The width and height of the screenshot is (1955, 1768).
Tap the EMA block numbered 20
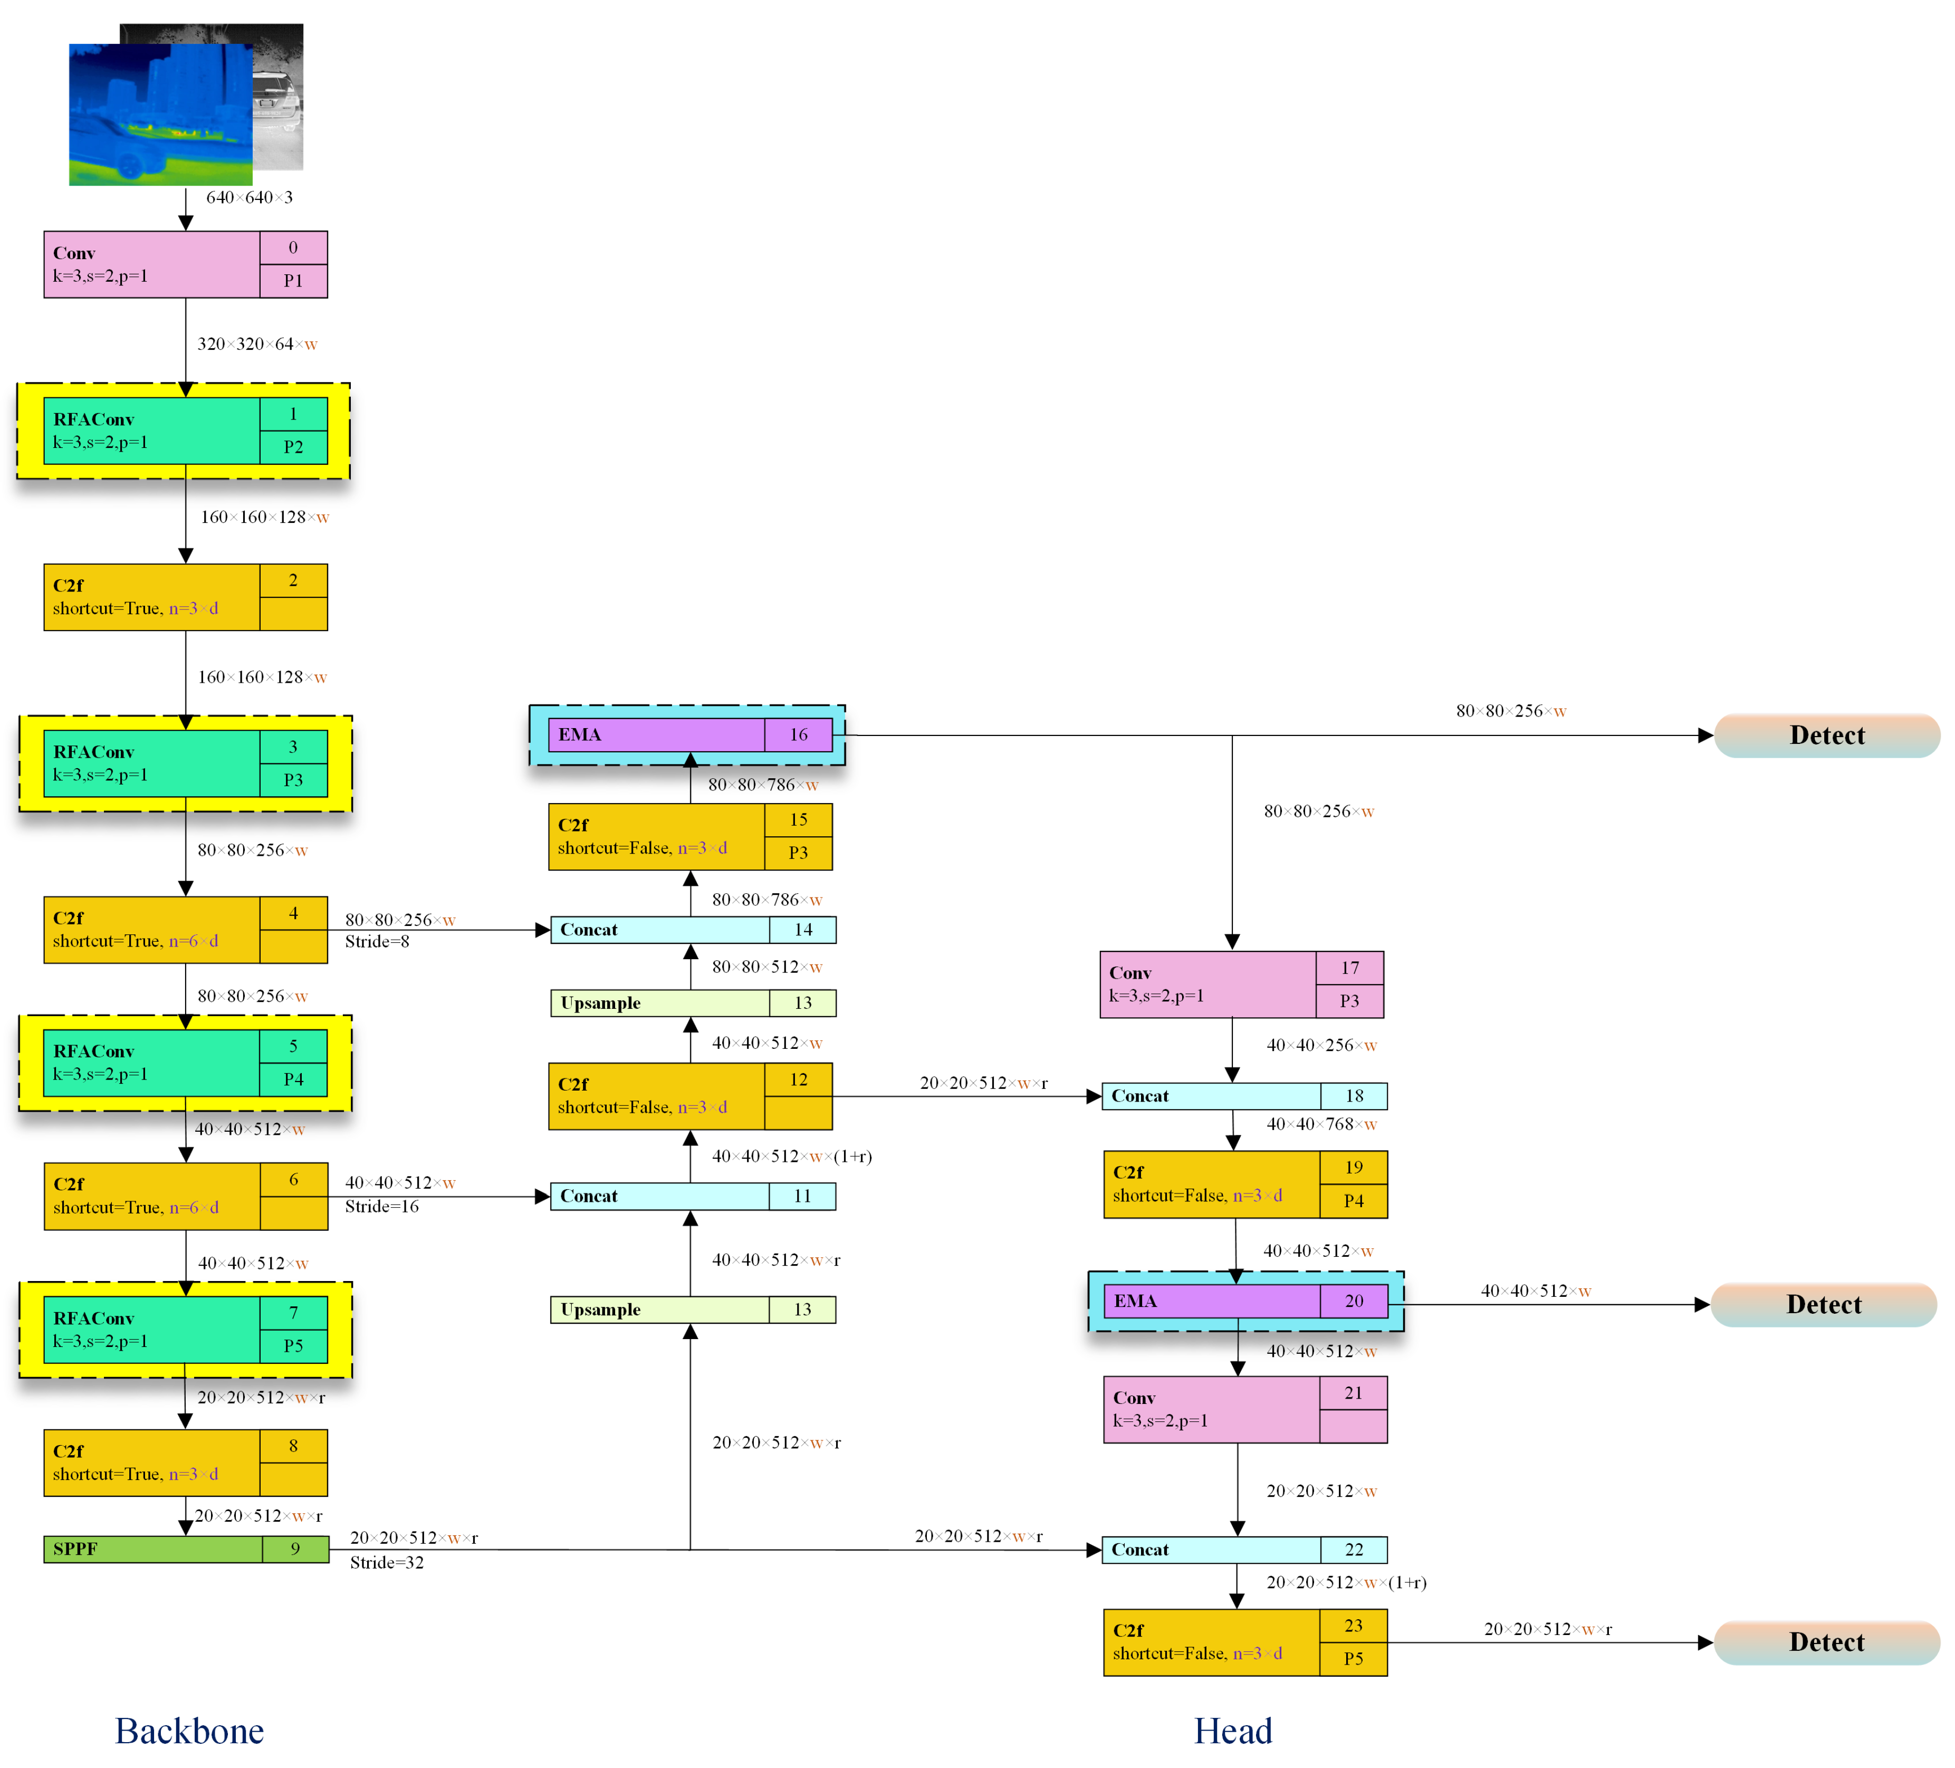click(x=1245, y=1301)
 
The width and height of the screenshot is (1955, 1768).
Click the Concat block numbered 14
click(x=693, y=929)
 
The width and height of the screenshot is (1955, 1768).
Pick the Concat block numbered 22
click(x=1244, y=1549)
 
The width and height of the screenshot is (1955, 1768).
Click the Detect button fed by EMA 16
click(x=1826, y=735)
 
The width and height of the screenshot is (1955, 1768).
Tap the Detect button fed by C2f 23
click(x=1826, y=1642)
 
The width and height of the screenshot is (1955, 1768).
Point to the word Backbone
click(x=189, y=1731)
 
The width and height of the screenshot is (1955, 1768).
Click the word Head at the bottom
click(x=1232, y=1731)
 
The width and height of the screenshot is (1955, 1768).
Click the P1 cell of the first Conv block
click(x=293, y=280)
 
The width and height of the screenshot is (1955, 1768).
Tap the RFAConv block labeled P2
click(x=184, y=431)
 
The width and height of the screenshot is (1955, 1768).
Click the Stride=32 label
click(x=386, y=1562)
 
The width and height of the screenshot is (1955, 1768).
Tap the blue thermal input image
click(x=160, y=114)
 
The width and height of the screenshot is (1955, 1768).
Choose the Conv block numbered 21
click(x=1244, y=1409)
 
